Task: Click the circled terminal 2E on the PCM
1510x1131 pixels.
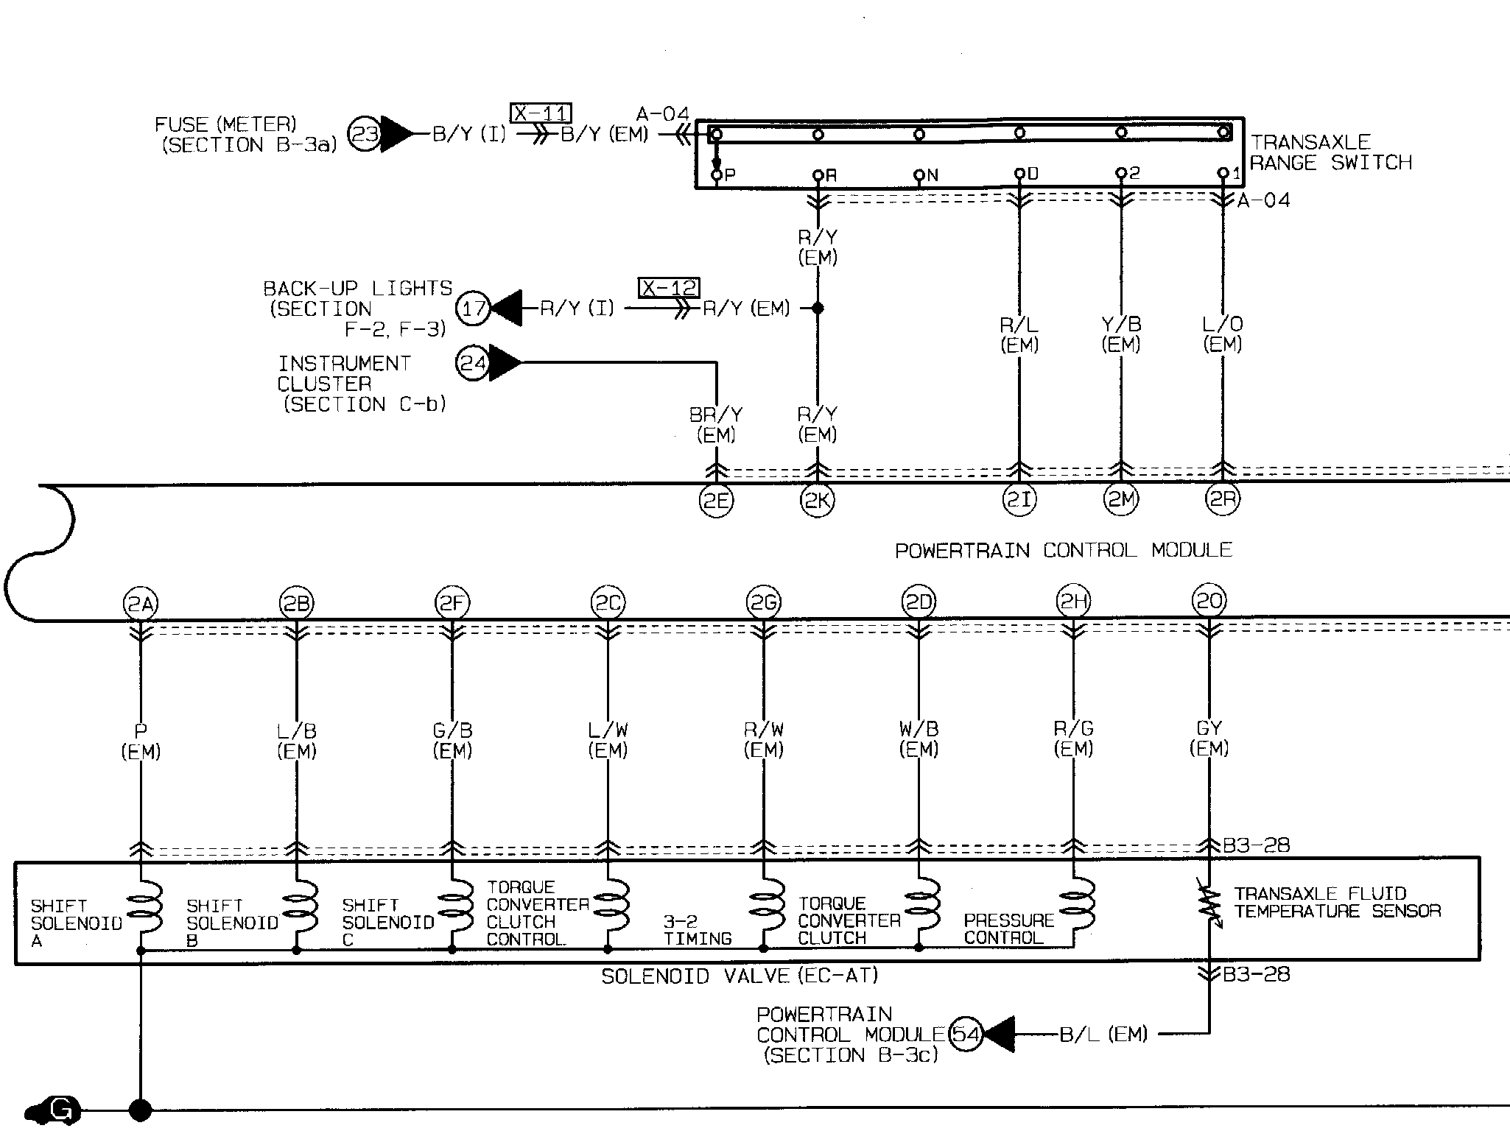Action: pos(716,501)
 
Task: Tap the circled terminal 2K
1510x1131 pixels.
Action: pos(817,501)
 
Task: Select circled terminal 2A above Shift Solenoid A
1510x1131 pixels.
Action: pos(140,605)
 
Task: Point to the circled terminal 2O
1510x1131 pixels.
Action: pos(1209,602)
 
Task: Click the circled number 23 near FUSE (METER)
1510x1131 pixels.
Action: pos(365,135)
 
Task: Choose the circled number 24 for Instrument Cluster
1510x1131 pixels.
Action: pos(473,363)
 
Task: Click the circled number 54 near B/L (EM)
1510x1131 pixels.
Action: pos(966,1035)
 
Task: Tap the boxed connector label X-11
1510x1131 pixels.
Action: pos(541,113)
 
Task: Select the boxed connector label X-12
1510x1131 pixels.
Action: pos(669,287)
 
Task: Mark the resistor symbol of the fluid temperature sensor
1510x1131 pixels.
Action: pos(1209,909)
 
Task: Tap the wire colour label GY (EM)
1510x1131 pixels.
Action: pos(1209,738)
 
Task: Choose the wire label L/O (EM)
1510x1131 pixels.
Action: pos(1222,334)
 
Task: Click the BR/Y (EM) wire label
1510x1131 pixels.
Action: pos(716,425)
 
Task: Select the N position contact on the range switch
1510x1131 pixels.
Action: pos(919,175)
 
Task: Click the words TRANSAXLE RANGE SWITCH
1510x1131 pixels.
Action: pos(1330,152)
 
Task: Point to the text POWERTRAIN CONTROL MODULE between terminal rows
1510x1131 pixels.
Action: pos(1063,550)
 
